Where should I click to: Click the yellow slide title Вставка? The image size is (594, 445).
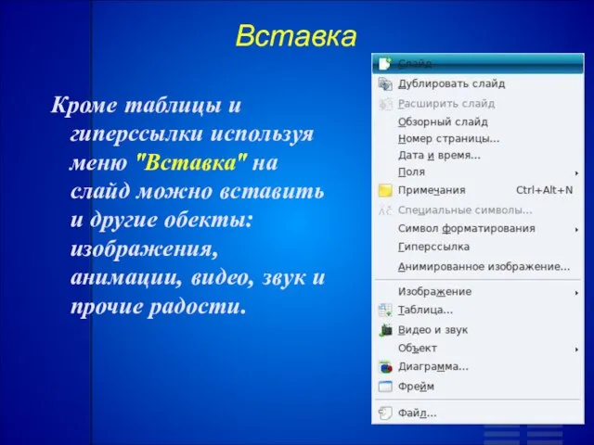pyautogui.click(x=296, y=36)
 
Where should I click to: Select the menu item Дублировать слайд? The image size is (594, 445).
pyautogui.click(x=451, y=83)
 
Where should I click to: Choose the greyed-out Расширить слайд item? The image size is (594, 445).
pyautogui.click(x=446, y=103)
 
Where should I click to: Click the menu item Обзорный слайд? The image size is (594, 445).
pyautogui.click(x=443, y=121)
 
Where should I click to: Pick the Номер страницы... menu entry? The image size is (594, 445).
pyautogui.click(x=448, y=138)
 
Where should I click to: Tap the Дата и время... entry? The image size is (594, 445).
pyautogui.click(x=439, y=155)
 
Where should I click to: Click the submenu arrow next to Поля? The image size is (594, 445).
pyautogui.click(x=576, y=173)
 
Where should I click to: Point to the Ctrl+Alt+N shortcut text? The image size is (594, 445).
pyautogui.click(x=545, y=189)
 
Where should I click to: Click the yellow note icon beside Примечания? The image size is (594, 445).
pyautogui.click(x=385, y=190)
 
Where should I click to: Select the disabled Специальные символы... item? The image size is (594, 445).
pyautogui.click(x=465, y=210)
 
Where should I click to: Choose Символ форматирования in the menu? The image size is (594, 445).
pyautogui.click(x=466, y=229)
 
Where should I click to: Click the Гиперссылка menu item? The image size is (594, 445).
pyautogui.click(x=433, y=248)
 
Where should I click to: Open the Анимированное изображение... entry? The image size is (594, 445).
pyautogui.click(x=484, y=267)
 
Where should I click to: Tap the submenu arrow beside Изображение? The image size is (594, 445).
pyautogui.click(x=576, y=293)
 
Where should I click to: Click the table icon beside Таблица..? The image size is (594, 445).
pyautogui.click(x=385, y=311)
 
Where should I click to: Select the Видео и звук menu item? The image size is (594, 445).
pyautogui.click(x=433, y=330)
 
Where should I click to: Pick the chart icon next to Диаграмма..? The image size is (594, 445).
pyautogui.click(x=385, y=367)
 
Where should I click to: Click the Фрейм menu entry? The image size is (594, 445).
pyautogui.click(x=416, y=387)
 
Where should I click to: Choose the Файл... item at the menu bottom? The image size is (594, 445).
pyautogui.click(x=417, y=413)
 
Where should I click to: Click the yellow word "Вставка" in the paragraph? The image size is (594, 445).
pyautogui.click(x=191, y=163)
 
